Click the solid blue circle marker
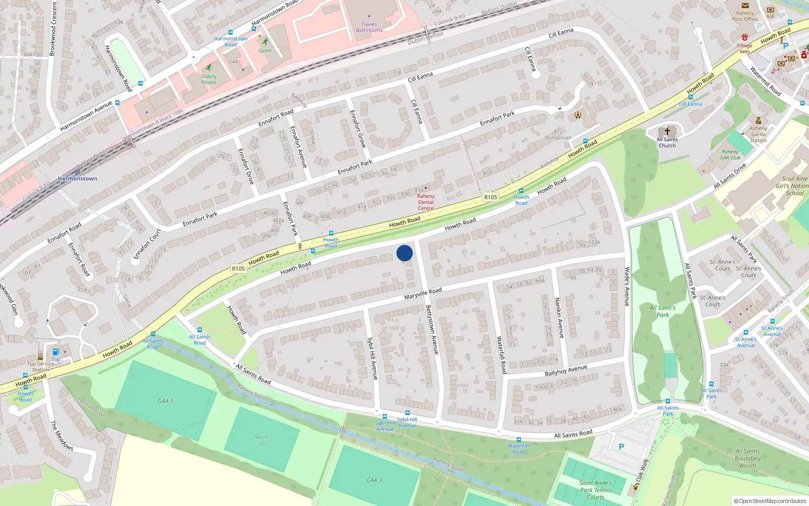pos(404,253)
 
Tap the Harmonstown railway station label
pos(77,179)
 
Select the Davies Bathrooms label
pos(369,27)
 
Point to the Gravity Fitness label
pos(208,79)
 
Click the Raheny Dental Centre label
pos(426,202)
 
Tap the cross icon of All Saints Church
pos(667,131)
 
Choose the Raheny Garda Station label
pos(758,134)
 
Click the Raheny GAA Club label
pos(730,154)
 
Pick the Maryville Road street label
pos(423,293)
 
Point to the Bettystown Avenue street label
pos(432,329)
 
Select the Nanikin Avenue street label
pos(559,317)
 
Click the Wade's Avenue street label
pos(627,286)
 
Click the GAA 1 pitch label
pos(165,401)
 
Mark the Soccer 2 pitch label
pos(262,439)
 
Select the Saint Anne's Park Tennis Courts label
pos(595,490)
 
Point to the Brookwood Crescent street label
pos(53,28)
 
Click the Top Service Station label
pos(40,366)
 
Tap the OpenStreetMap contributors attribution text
pos(771,501)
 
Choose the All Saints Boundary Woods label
pos(747,458)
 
